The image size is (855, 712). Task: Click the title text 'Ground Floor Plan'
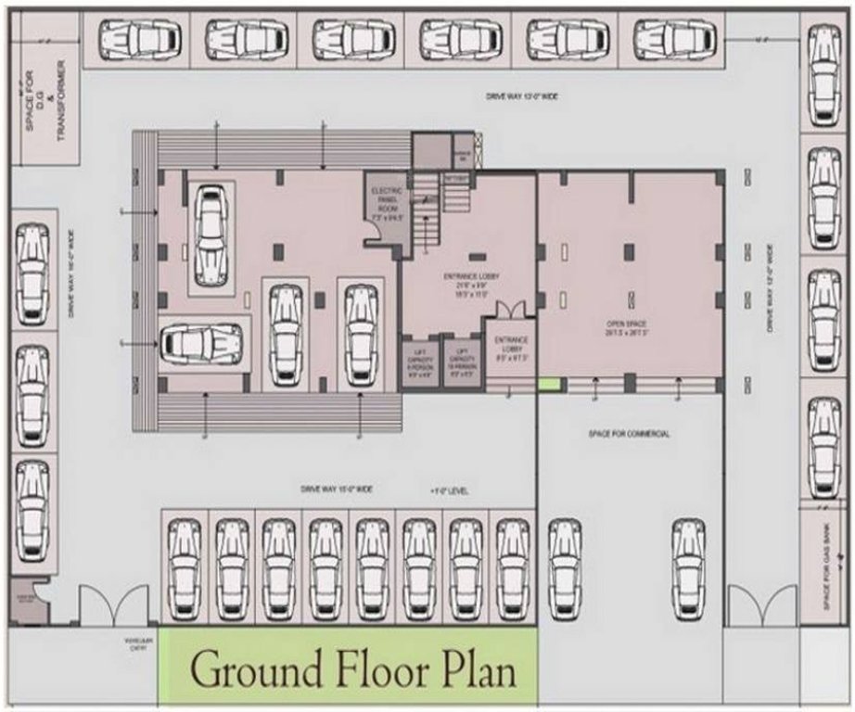click(x=351, y=669)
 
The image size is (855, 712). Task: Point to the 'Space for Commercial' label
click(x=629, y=434)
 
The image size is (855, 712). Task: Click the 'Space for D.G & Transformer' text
click(x=45, y=100)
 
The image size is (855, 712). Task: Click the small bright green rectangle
click(x=549, y=383)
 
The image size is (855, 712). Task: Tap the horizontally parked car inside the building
click(x=201, y=342)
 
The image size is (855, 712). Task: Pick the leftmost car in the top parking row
click(x=140, y=40)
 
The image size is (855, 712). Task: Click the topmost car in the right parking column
click(x=823, y=74)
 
